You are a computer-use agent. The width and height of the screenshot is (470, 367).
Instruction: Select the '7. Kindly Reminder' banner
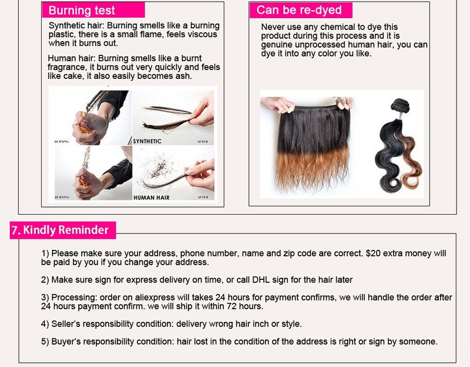pos(63,230)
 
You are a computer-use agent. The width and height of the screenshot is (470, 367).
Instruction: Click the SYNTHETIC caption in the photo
pos(147,141)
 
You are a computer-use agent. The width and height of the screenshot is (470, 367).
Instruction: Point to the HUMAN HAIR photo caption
pos(152,198)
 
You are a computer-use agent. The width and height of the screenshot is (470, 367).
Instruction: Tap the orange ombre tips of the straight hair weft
pos(312,169)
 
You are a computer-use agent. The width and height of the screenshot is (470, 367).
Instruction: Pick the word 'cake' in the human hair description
pos(73,76)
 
